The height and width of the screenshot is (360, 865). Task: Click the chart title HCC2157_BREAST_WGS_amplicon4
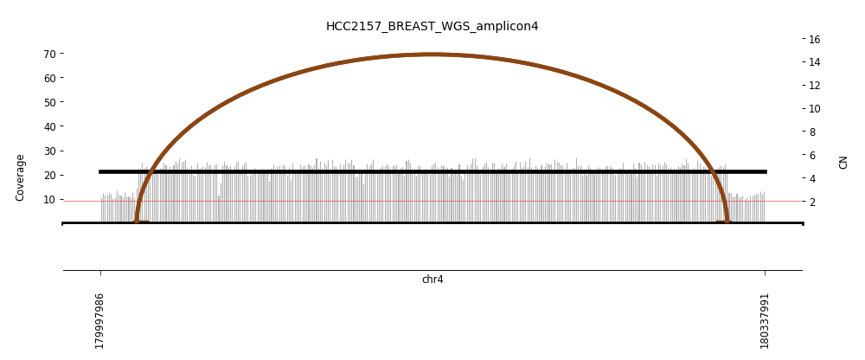click(432, 27)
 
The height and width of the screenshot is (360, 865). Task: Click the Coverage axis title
click(20, 177)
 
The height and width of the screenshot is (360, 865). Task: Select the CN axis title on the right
click(843, 162)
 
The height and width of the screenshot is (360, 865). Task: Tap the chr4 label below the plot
click(432, 280)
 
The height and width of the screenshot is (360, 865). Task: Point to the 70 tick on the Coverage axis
click(49, 54)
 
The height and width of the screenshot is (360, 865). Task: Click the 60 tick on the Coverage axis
click(49, 78)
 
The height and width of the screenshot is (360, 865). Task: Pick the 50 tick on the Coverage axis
click(49, 102)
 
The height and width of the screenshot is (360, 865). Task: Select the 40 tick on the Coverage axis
click(49, 126)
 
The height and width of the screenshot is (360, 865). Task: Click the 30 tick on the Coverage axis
click(49, 151)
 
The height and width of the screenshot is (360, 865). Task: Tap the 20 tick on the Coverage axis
click(49, 175)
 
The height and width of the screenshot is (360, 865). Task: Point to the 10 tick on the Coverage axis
click(49, 199)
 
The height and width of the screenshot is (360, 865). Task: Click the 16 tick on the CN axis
click(814, 39)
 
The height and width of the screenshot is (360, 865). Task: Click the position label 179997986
click(100, 320)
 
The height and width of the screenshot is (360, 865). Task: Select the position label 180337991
click(765, 320)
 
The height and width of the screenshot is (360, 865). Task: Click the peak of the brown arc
click(432, 55)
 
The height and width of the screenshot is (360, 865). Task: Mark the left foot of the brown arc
click(137, 222)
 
